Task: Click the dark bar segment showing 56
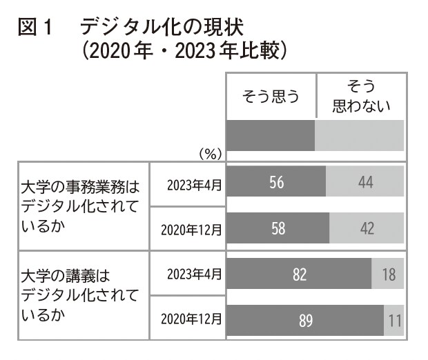(276, 182)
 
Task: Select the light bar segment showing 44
(365, 182)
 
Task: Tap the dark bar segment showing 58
(278, 228)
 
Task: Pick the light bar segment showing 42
(367, 228)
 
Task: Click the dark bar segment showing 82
(299, 274)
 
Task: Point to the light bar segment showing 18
(388, 274)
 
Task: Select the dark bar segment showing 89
(305, 320)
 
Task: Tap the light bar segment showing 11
(394, 320)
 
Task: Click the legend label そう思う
(271, 97)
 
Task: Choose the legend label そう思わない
(360, 97)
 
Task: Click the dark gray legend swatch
(271, 136)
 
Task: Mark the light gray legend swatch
(360, 136)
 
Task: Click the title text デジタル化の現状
(162, 28)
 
